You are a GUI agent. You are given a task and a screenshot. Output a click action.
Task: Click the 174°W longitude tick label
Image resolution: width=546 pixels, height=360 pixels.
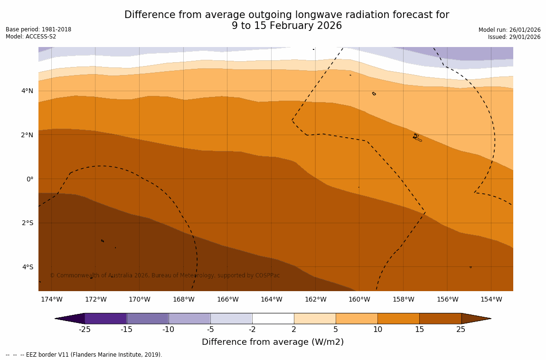click(x=51, y=299)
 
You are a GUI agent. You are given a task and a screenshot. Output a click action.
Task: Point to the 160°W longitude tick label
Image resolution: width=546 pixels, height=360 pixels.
click(x=359, y=299)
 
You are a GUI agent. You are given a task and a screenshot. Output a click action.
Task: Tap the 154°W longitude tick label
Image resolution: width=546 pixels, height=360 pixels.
click(x=491, y=299)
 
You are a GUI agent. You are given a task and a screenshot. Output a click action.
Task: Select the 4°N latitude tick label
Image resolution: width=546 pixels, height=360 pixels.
click(x=27, y=91)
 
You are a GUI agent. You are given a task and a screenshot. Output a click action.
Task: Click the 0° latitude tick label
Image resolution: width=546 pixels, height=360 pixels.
click(x=29, y=179)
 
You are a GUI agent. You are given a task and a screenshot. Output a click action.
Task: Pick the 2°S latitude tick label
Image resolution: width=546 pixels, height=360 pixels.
click(x=27, y=223)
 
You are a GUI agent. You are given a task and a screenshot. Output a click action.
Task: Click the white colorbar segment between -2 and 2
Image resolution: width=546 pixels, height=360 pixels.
click(x=273, y=318)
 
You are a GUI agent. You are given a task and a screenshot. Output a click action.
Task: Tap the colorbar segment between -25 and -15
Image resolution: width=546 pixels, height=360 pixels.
click(x=105, y=318)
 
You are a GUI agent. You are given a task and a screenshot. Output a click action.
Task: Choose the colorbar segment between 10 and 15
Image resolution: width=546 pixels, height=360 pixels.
click(x=398, y=318)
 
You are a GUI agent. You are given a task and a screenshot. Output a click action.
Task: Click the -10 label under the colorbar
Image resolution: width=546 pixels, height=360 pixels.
click(x=168, y=330)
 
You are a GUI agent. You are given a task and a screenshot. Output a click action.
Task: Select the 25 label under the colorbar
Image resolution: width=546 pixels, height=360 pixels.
click(x=461, y=330)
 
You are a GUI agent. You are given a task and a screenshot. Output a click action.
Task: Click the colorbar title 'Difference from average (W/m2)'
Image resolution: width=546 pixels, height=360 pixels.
click(x=273, y=342)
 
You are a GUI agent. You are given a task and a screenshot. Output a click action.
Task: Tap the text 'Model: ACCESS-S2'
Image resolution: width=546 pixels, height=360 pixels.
click(x=31, y=37)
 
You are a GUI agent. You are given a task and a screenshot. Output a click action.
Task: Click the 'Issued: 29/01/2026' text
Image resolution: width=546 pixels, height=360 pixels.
click(x=514, y=37)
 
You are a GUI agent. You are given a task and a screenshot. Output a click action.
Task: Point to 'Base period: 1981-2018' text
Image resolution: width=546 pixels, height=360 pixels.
click(x=38, y=29)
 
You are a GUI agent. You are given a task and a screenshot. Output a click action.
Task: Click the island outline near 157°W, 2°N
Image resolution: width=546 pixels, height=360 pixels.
click(x=417, y=137)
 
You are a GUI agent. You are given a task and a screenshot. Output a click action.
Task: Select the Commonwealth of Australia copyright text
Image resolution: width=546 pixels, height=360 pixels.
click(x=165, y=275)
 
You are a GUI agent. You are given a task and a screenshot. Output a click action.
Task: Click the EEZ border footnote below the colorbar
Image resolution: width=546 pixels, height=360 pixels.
click(x=84, y=355)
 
